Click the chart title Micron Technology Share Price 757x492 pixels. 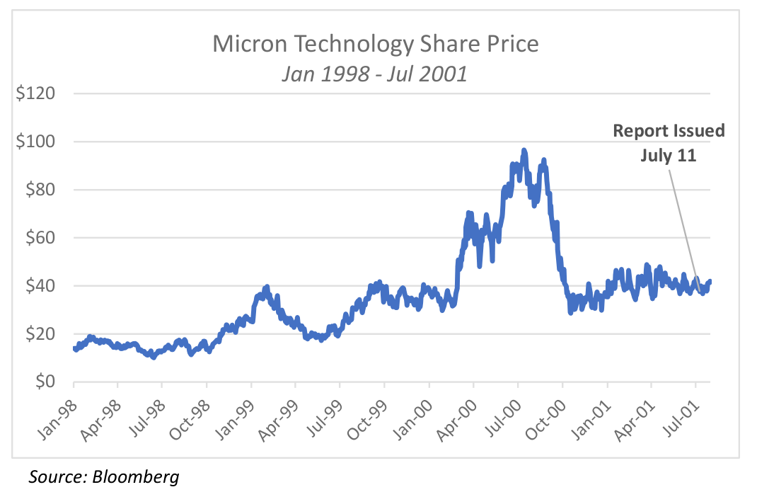coord(376,44)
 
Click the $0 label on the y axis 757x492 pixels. coord(50,382)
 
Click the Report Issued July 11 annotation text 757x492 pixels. coord(669,142)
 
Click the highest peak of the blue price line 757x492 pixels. coord(524,150)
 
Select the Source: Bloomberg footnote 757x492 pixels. coord(104,476)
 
